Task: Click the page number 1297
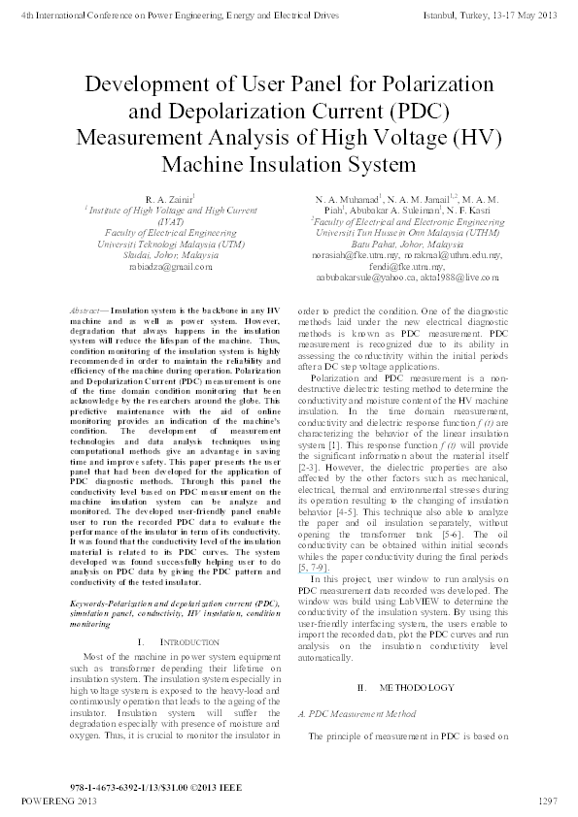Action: [x=547, y=801]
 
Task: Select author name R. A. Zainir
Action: [x=160, y=199]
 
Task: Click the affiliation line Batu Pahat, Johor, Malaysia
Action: [x=407, y=245]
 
